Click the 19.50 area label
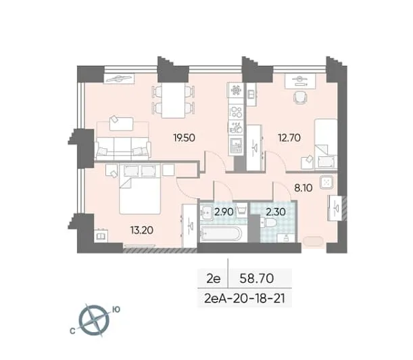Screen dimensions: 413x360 tap(184, 137)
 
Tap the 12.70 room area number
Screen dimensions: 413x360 tap(289, 137)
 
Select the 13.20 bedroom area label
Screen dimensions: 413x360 tap(142, 230)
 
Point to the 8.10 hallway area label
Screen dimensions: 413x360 tap(303, 188)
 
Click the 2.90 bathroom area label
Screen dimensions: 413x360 tap(224, 212)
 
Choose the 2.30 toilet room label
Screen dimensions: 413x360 tap(276, 212)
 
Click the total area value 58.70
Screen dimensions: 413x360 tap(257, 279)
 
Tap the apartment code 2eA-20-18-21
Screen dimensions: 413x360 tap(245, 299)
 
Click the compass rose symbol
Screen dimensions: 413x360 tap(95, 321)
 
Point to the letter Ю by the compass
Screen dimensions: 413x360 tap(116, 309)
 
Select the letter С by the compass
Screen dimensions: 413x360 tap(72, 332)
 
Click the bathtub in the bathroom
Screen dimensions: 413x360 tap(221, 233)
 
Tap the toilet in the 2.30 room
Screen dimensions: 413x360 tap(268, 223)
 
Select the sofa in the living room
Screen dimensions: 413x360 tap(123, 149)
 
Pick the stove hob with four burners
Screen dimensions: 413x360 tap(236, 111)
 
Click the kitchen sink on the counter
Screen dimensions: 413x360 tap(236, 145)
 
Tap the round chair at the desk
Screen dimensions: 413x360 tap(300, 97)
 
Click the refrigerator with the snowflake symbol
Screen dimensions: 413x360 tap(235, 90)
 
